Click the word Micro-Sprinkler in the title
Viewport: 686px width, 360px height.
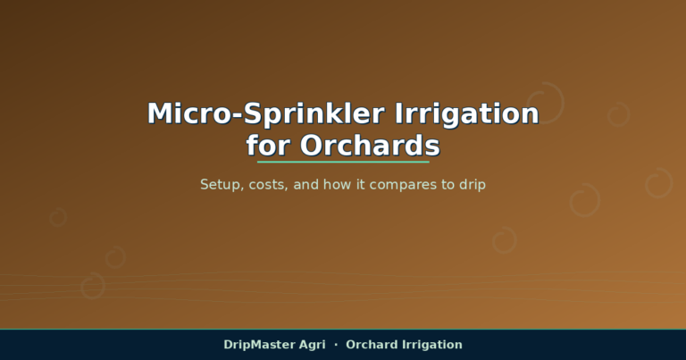pyautogui.click(x=266, y=114)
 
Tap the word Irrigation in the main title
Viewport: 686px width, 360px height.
pyautogui.click(x=466, y=114)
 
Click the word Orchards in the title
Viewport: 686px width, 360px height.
pyautogui.click(x=370, y=146)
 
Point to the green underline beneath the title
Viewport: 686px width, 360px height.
pyautogui.click(x=343, y=162)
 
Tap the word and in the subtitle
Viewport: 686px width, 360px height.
pyautogui.click(x=305, y=184)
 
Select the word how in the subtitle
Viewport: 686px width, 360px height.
pyautogui.click(x=337, y=184)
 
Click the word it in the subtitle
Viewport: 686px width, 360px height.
pyautogui.click(x=361, y=184)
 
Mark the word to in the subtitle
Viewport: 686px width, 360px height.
pyautogui.click(x=448, y=185)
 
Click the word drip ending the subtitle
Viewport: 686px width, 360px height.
pyautogui.click(x=473, y=185)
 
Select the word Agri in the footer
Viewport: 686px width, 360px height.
pyautogui.click(x=313, y=346)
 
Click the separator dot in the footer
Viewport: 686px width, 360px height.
pyautogui.click(x=336, y=345)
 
